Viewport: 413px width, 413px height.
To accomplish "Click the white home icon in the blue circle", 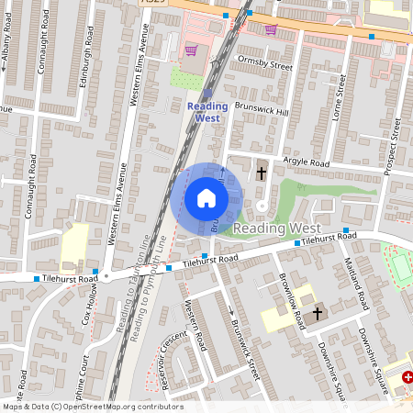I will click(x=206, y=197).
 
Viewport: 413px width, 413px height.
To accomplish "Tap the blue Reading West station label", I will click(x=207, y=112).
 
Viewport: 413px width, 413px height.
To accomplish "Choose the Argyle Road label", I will click(x=307, y=162).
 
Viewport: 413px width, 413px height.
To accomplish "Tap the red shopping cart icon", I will click(x=191, y=51).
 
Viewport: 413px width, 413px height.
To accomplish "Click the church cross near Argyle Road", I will click(x=262, y=173).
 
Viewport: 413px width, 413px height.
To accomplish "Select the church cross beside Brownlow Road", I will click(x=318, y=314).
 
